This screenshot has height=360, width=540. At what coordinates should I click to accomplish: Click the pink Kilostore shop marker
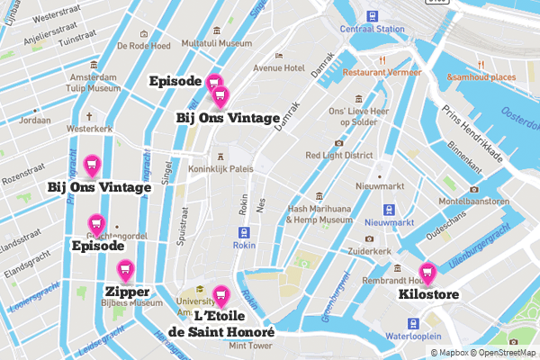427,271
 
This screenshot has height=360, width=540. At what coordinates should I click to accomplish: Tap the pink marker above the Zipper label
125,268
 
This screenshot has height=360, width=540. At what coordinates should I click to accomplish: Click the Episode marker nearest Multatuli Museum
213,83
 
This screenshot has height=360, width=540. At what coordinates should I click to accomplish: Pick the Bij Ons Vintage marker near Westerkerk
91,165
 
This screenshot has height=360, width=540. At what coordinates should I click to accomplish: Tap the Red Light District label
339,155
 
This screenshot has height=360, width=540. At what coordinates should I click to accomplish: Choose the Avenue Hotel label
280,67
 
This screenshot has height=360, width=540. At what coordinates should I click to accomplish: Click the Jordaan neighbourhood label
35,119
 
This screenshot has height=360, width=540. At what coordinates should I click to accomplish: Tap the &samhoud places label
484,77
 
